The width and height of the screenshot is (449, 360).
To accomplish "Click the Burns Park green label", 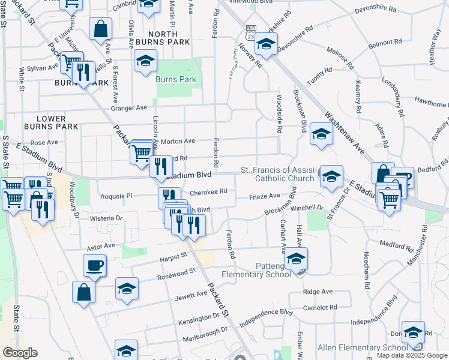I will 172,79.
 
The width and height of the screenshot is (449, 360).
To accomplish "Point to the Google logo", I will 20,353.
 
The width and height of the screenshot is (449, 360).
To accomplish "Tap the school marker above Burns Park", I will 145,62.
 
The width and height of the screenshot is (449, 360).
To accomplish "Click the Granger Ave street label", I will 128,108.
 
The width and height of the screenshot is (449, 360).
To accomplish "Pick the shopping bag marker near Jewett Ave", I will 83,292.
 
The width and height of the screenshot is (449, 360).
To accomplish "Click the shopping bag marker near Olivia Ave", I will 100,28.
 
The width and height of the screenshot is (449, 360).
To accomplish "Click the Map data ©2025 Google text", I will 412,355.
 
